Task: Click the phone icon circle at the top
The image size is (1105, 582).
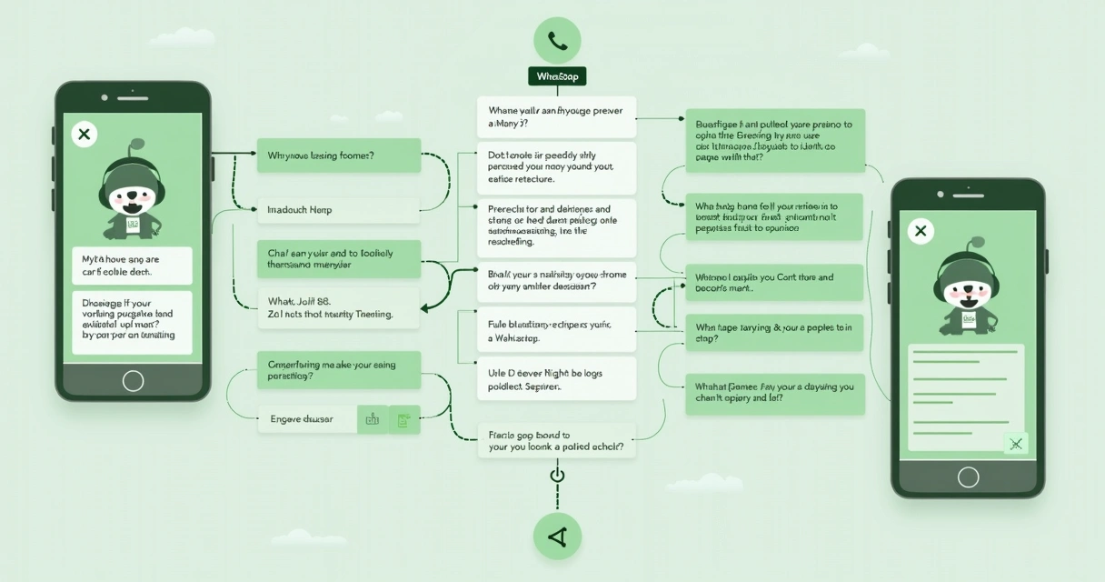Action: point(557,40)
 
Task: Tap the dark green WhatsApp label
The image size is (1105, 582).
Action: point(557,76)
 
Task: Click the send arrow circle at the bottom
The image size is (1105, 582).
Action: point(557,537)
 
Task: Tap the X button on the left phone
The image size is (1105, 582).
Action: point(85,135)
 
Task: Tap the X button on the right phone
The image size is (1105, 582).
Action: point(921,231)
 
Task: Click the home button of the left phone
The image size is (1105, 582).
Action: point(133,380)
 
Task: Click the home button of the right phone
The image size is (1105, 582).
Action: point(968,477)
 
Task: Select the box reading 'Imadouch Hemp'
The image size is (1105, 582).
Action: point(338,210)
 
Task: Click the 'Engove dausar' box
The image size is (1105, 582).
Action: point(308,419)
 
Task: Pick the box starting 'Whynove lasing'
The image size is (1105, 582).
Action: point(338,156)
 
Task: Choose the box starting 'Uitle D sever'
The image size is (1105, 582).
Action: point(556,379)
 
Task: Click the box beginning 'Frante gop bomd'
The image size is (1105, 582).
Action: point(556,441)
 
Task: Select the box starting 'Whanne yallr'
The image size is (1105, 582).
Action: point(556,117)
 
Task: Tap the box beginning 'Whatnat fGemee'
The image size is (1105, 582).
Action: point(774,393)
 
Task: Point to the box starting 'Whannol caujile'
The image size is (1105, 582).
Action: point(774,283)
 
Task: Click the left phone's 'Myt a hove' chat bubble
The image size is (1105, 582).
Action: point(132,266)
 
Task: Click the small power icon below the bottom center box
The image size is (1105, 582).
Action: point(557,476)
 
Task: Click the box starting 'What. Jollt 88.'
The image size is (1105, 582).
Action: point(338,307)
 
